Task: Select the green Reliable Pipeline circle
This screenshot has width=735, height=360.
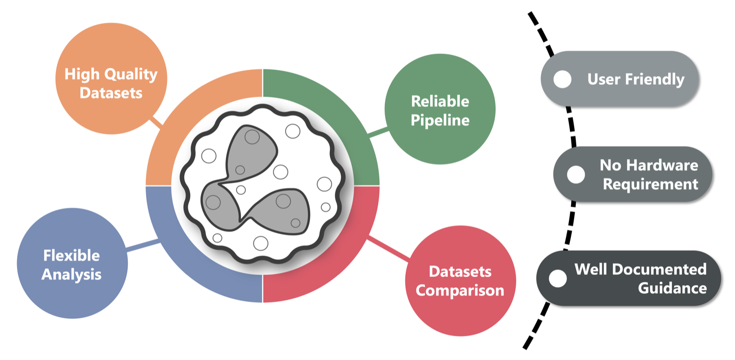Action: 440,110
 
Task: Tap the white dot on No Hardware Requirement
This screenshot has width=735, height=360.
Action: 576,174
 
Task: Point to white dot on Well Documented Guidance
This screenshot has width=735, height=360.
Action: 558,278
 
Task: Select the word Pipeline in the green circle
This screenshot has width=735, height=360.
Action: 440,120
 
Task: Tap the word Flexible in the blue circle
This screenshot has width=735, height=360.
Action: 72,255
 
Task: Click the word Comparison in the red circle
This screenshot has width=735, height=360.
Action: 460,290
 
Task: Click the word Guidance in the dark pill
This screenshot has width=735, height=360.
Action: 672,288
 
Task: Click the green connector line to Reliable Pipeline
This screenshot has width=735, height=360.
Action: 377,131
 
